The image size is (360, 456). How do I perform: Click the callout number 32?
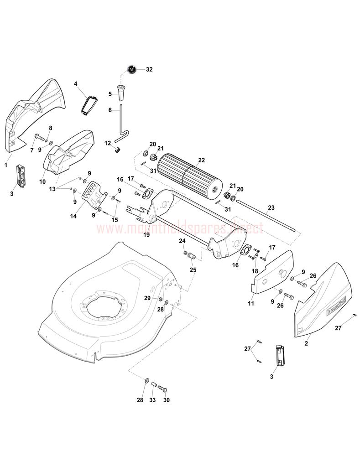(149, 70)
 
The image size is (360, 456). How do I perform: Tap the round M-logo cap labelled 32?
(132, 70)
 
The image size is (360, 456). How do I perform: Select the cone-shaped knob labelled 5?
(122, 93)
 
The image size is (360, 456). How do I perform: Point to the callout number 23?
(271, 207)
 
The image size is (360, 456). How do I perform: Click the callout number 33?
(152, 400)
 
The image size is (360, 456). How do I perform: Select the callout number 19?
(146, 235)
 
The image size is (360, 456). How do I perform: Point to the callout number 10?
(42, 181)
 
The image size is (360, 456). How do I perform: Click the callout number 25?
(193, 270)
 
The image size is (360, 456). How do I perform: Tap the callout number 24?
(182, 241)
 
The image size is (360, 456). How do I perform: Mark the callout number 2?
(306, 343)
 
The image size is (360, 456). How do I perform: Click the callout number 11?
(251, 303)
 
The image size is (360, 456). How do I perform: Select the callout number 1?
(6, 165)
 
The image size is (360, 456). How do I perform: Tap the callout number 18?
(255, 271)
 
